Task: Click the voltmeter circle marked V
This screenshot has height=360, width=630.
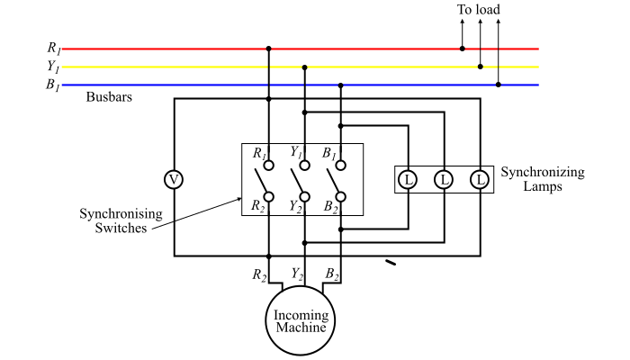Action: (x=175, y=180)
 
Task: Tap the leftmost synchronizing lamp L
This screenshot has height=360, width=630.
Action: (x=408, y=180)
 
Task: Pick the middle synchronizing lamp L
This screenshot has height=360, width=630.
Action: (x=444, y=180)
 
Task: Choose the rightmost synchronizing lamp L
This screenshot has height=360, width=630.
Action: (x=481, y=180)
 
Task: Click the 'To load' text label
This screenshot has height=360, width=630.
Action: (x=478, y=10)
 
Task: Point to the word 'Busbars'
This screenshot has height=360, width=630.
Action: (x=110, y=96)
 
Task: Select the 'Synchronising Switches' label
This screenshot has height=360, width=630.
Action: (x=121, y=220)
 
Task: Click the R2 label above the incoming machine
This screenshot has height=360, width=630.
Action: (x=258, y=274)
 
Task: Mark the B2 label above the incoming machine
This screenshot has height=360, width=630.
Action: (x=332, y=274)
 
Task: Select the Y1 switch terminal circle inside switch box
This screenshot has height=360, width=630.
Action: (x=305, y=166)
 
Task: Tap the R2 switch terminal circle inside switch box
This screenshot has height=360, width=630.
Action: (x=268, y=196)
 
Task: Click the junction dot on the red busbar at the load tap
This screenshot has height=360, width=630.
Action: (x=463, y=49)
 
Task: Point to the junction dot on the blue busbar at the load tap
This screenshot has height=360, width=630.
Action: (x=499, y=85)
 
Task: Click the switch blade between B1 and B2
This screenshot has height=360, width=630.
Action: (x=334, y=181)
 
